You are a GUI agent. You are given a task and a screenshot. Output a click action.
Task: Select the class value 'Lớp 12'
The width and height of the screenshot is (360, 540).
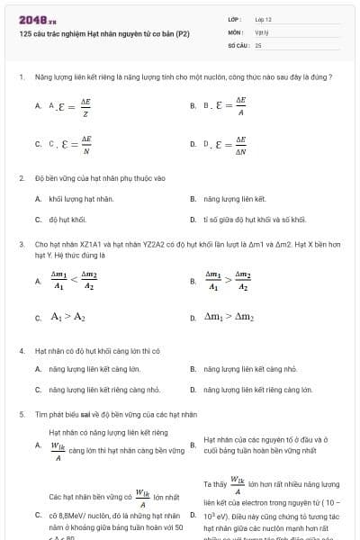[263, 18]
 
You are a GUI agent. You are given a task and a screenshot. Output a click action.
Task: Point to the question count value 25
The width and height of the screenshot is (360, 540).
[258, 43]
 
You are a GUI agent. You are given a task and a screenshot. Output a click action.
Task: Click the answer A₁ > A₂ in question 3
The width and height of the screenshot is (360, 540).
[67, 317]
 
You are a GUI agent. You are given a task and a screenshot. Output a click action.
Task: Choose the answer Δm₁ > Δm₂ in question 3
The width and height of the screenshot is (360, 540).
[229, 317]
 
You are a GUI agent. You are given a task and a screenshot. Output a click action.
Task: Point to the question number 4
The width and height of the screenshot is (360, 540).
[21, 351]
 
